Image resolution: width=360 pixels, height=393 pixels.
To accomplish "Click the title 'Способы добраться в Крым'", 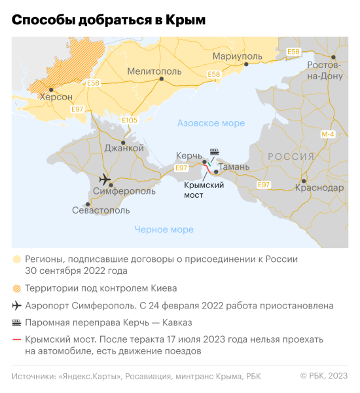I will tap(109, 20).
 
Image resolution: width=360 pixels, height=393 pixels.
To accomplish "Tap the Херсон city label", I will tap(56, 97).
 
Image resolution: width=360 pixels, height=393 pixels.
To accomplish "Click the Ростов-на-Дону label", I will tap(325, 71).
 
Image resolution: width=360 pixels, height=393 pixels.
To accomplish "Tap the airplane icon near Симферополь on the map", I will tap(103, 179).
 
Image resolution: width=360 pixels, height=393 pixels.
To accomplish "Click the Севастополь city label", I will tap(101, 210).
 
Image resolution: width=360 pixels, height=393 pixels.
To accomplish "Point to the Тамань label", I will tap(233, 167).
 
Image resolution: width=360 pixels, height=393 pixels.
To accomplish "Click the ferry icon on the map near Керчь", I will tap(213, 151).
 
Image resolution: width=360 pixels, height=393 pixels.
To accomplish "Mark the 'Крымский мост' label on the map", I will tap(204, 190).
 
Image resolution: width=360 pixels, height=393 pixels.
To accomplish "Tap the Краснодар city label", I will tap(319, 187).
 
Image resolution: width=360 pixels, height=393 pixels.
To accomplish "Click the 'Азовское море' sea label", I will tap(211, 123).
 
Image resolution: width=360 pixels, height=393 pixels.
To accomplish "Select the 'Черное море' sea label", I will tap(164, 229).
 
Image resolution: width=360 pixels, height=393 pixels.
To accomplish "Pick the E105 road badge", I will tap(130, 121).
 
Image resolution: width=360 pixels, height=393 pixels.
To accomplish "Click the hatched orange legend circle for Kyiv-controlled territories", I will tap(16, 288).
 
